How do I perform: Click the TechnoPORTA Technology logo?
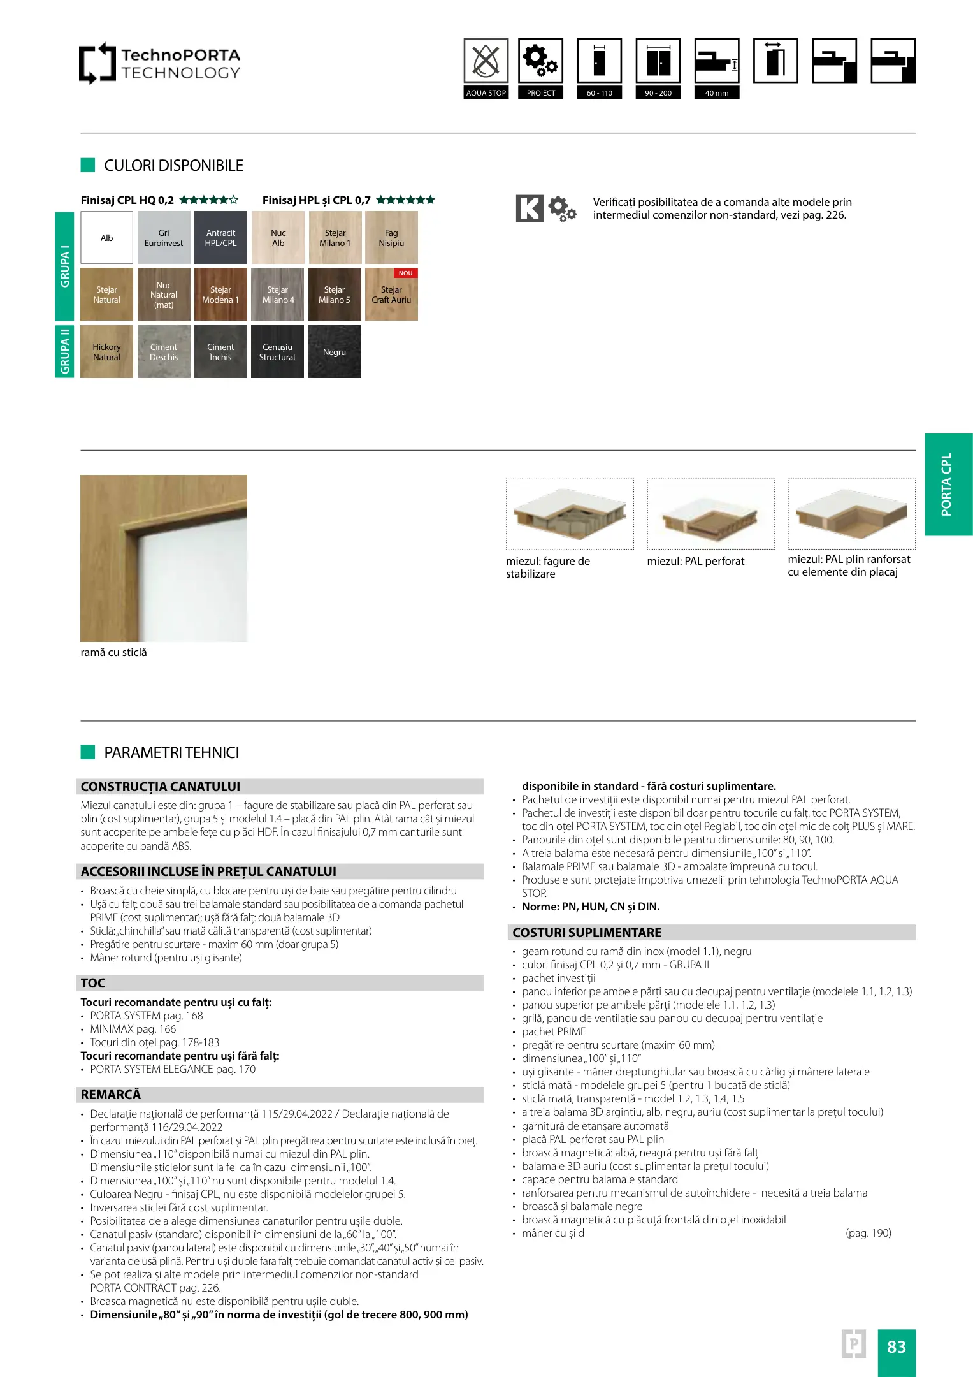(160, 64)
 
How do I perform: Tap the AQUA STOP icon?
(486, 61)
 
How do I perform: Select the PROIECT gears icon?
(540, 61)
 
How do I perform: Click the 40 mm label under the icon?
(717, 93)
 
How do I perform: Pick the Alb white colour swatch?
(107, 238)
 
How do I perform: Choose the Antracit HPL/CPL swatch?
(220, 238)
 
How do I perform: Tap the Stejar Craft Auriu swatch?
(391, 295)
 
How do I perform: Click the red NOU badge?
(406, 273)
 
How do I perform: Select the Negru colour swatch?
(335, 352)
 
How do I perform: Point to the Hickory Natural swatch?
(106, 352)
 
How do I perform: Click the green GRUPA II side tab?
(64, 351)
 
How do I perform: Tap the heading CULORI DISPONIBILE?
(173, 166)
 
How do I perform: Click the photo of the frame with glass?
(164, 558)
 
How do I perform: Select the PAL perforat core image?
(710, 514)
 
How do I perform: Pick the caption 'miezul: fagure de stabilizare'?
(548, 567)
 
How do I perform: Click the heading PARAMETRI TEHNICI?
(171, 753)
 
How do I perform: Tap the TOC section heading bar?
(280, 983)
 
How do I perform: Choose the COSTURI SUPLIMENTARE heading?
(712, 933)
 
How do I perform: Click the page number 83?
(896, 1346)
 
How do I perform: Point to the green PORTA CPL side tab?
(948, 484)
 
